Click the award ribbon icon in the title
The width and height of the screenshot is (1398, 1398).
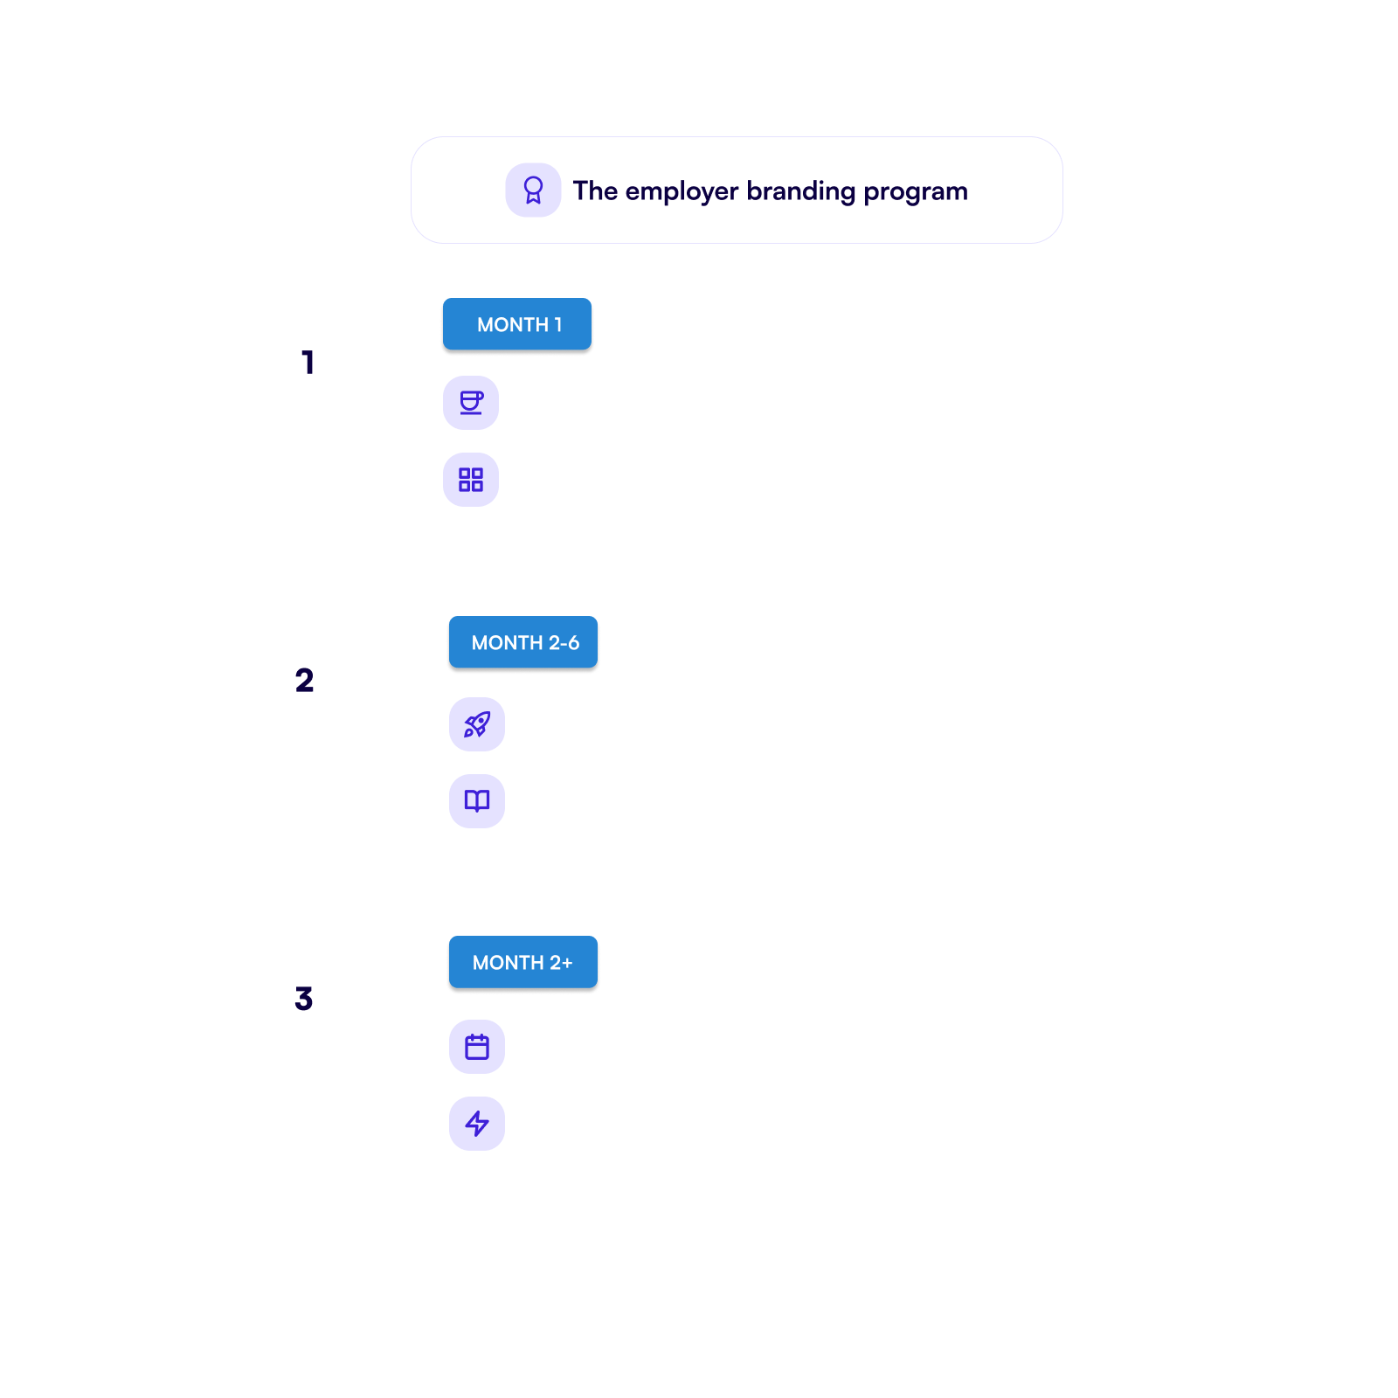(533, 190)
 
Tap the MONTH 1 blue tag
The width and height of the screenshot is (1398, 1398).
(517, 324)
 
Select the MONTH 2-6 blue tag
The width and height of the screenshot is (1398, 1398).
(523, 642)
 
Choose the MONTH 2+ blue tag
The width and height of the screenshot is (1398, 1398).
(523, 962)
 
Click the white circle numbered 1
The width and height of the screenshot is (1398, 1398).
(310, 363)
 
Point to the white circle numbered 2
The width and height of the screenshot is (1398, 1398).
(304, 681)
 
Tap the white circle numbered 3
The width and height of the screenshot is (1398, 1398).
(304, 999)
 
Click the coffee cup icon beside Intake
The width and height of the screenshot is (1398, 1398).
(471, 403)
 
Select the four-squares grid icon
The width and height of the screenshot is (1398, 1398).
(471, 480)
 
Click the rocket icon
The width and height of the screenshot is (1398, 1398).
(477, 724)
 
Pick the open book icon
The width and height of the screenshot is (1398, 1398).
(477, 801)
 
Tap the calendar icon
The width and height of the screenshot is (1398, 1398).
(477, 1047)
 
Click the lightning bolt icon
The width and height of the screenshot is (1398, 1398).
(477, 1124)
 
